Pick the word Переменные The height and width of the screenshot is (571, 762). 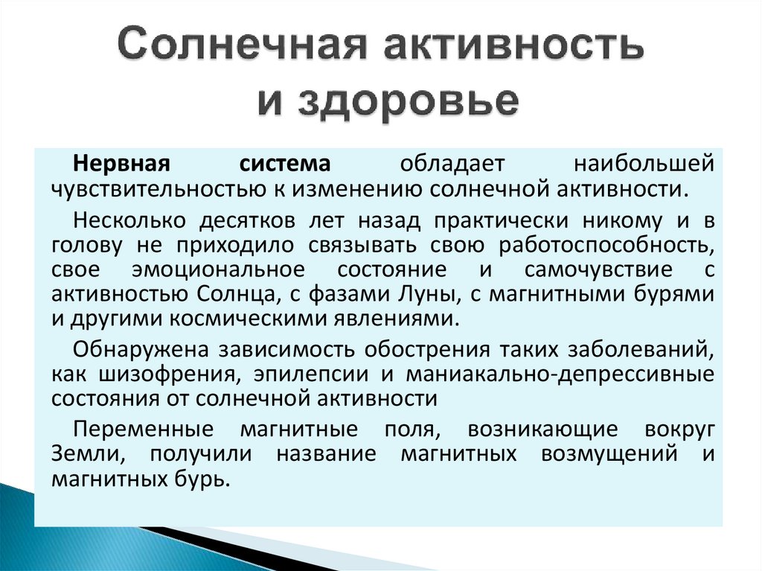pos(133,429)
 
